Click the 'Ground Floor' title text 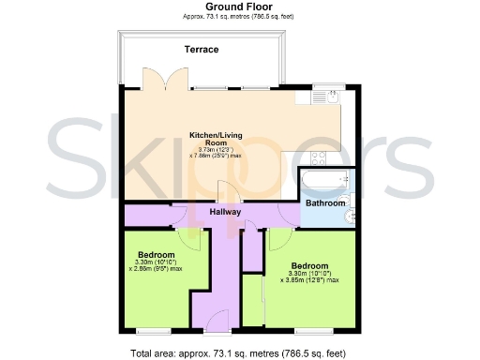(239, 7)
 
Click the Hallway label (225, 213)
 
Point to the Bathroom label (325, 203)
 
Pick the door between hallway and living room (225, 191)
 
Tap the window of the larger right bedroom (308, 330)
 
